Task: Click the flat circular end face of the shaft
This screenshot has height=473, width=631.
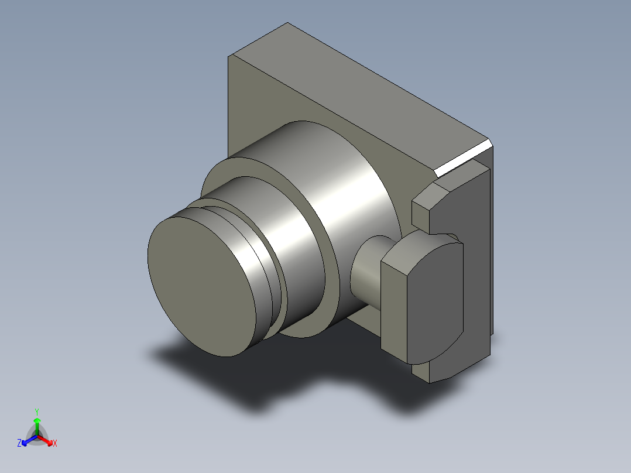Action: [201, 287]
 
